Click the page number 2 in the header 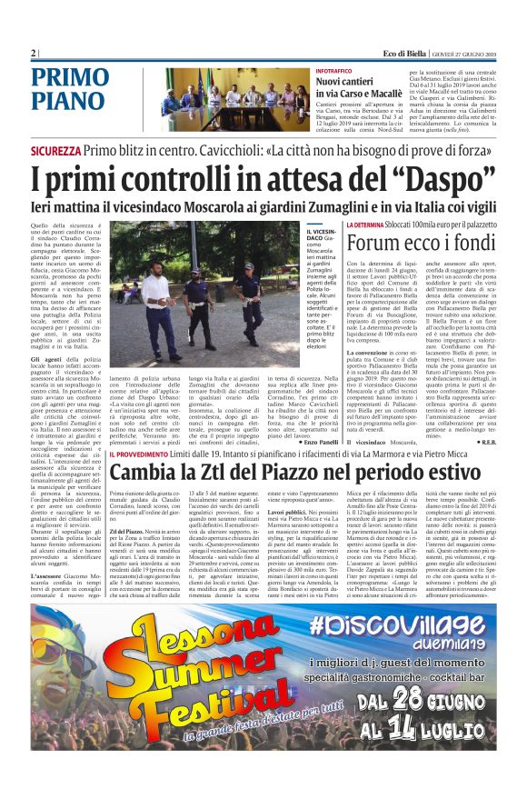click(x=34, y=53)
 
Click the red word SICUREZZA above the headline click(x=55, y=149)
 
